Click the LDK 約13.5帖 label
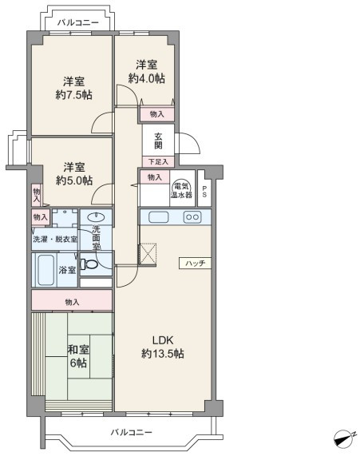point(163,347)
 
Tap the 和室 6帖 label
point(78,356)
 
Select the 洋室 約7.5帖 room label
point(74,88)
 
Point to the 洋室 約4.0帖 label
point(147,72)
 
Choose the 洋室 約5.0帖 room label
point(74,174)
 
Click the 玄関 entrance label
point(158,141)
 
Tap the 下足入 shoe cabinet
point(158,161)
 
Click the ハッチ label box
point(195,264)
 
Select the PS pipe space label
point(204,192)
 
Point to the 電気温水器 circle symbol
point(181,186)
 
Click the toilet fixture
point(89,264)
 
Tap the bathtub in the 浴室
point(46,270)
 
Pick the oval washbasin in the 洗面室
point(96,217)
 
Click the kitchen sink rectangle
point(159,217)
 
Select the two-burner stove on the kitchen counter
point(192,217)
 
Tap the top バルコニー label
point(78,22)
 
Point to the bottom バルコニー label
point(132,432)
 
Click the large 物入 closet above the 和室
point(72,300)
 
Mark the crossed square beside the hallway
point(148,255)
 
